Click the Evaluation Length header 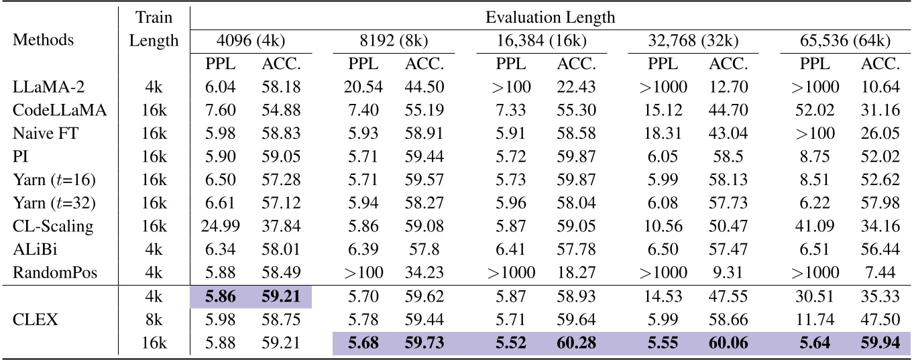coord(550,17)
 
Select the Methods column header coord(42,40)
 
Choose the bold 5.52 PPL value coord(512,344)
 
